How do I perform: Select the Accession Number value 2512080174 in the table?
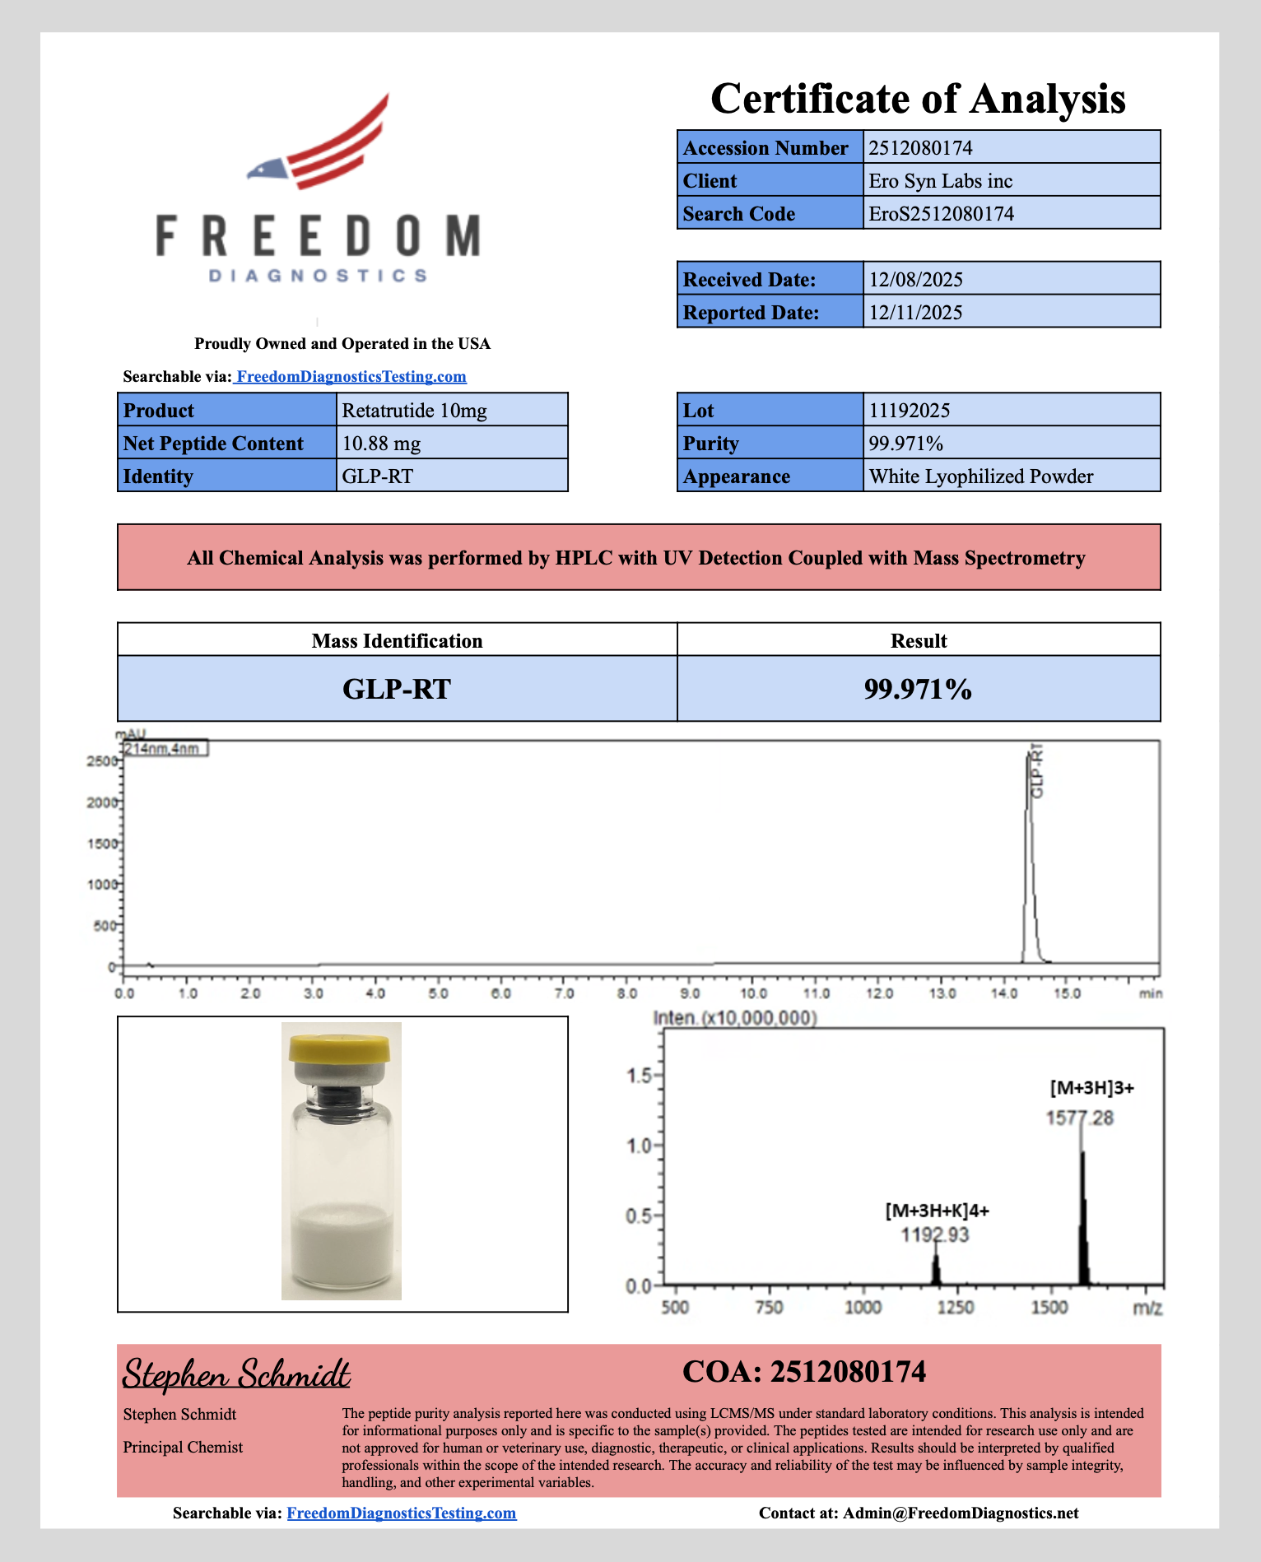(920, 148)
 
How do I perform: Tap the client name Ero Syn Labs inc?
(940, 181)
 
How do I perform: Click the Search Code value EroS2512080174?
(941, 214)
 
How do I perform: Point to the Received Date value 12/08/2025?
(915, 280)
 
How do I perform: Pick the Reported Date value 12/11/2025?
(915, 313)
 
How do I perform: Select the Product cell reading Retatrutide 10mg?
(414, 411)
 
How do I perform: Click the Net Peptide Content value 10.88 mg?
(381, 444)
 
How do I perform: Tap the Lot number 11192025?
(909, 411)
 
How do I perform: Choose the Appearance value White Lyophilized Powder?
(980, 477)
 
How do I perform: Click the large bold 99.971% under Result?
(918, 689)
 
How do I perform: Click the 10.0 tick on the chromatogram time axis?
(753, 993)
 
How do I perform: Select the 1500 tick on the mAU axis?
(103, 844)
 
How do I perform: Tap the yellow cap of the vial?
(340, 1048)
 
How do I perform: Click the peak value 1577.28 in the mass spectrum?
(1079, 1118)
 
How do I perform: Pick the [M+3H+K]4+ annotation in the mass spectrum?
(937, 1211)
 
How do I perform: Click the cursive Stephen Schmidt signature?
(236, 1374)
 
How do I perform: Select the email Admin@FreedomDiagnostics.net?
(961, 1513)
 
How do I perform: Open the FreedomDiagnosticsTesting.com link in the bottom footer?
(401, 1513)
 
